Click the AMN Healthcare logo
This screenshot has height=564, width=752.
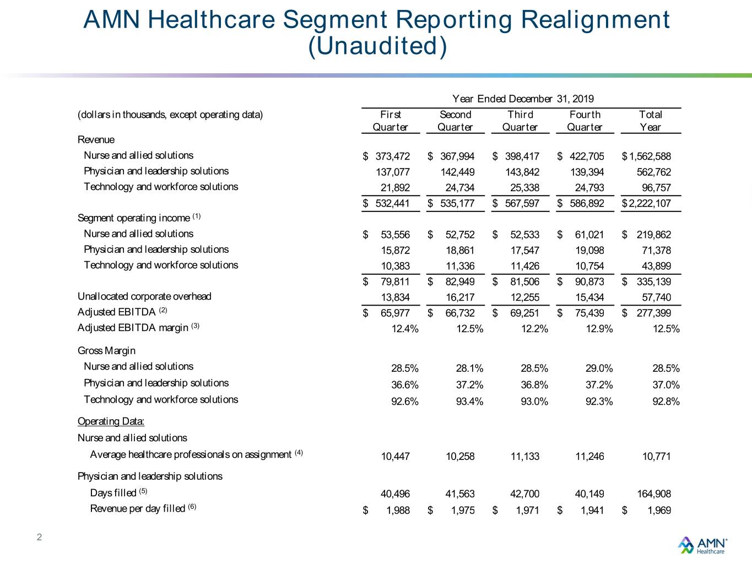(702, 545)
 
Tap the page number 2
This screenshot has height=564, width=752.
(40, 537)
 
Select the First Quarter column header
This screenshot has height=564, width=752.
(390, 121)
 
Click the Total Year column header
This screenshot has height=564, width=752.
(650, 121)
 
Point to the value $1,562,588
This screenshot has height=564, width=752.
(646, 156)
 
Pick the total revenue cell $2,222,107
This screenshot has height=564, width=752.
(646, 203)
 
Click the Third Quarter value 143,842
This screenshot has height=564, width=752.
(522, 172)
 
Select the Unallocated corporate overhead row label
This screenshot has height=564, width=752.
(144, 296)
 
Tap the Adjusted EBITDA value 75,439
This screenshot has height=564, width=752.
(589, 313)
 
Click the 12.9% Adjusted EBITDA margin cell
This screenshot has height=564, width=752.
(599, 329)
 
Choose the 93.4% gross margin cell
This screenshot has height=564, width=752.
(469, 402)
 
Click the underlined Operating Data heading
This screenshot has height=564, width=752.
(111, 421)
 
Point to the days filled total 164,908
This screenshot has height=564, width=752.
(654, 494)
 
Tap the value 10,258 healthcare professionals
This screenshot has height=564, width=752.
(460, 457)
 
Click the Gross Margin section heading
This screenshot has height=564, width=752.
(106, 351)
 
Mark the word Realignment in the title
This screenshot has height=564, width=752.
(596, 20)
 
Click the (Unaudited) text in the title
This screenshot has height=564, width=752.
(377, 46)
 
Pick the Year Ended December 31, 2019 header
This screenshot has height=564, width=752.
(523, 99)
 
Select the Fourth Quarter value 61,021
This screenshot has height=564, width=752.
(589, 235)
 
